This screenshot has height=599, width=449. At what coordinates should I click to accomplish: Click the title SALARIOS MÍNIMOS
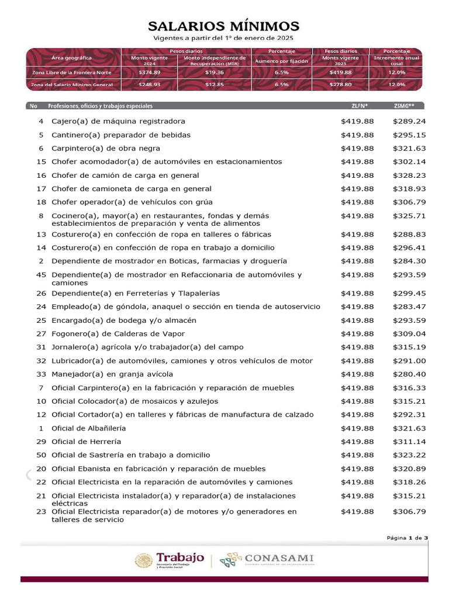pos(224,26)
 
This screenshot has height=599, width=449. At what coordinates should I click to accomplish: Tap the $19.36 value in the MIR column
pos(215,72)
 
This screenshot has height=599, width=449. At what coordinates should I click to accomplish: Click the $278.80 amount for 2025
pos(342,84)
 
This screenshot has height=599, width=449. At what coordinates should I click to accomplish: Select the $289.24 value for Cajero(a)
pos(409,121)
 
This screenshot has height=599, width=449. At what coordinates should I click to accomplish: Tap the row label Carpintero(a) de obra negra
pos(105,148)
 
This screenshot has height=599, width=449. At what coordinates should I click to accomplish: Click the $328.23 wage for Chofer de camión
pos(409,175)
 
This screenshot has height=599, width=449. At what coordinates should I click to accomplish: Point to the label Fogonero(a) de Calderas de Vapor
pos(118,333)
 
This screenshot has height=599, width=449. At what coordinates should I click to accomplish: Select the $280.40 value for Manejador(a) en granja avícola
pos(409,374)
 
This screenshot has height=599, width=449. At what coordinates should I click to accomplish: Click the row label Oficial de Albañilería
pos(88,428)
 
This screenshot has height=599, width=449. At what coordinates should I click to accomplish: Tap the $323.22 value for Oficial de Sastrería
pos(409,455)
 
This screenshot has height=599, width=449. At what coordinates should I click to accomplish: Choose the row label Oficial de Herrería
pos(87,441)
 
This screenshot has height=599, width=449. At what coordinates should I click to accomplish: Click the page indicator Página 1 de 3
pos(407,538)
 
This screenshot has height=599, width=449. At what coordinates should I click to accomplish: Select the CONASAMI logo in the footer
pos(267,560)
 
